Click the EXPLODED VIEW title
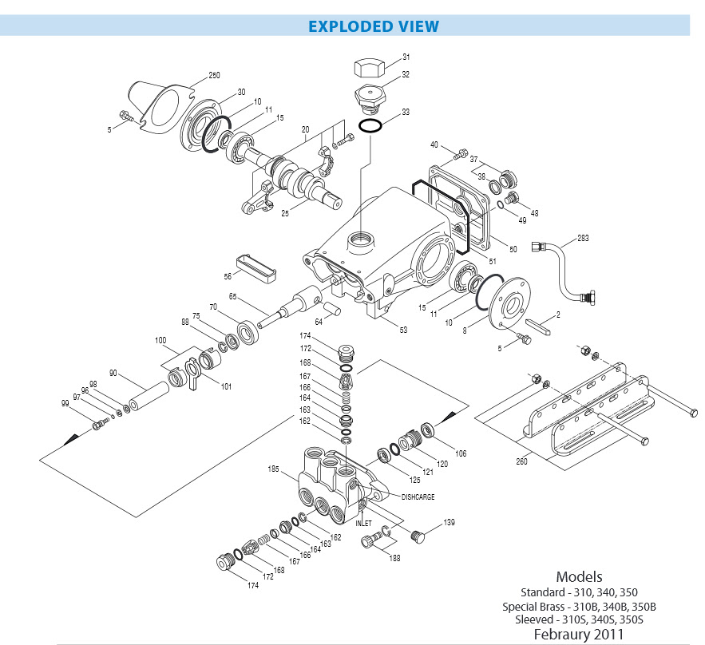pyautogui.click(x=373, y=26)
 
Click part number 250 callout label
pyautogui.click(x=214, y=75)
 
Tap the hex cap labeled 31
pyautogui.click(x=370, y=69)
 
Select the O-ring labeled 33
pyautogui.click(x=370, y=126)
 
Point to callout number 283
pyautogui.click(x=583, y=238)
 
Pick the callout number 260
pyautogui.click(x=521, y=461)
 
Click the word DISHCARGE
pyautogui.click(x=418, y=497)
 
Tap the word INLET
pyautogui.click(x=364, y=523)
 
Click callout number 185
pyautogui.click(x=273, y=469)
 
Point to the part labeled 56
pyautogui.click(x=255, y=269)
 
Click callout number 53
pyautogui.click(x=403, y=330)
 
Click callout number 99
pyautogui.click(x=65, y=403)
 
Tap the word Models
pyautogui.click(x=579, y=576)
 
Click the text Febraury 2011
pyautogui.click(x=579, y=634)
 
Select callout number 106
pyautogui.click(x=461, y=453)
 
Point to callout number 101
pyautogui.click(x=226, y=386)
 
